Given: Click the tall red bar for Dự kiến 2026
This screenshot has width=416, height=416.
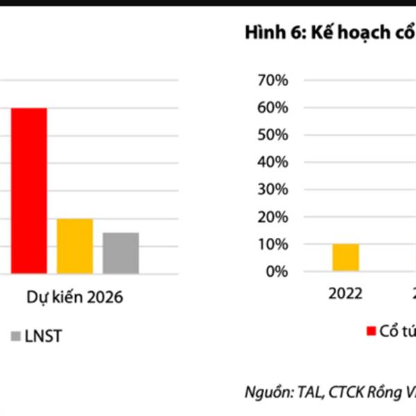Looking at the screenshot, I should [x=28, y=190].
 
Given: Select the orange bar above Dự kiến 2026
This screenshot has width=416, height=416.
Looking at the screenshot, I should [x=75, y=245].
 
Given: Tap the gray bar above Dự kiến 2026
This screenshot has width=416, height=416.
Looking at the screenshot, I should [x=121, y=252].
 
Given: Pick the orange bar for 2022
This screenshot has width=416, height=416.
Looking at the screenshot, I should [x=345, y=257].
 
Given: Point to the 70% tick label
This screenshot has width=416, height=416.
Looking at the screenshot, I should [x=272, y=80].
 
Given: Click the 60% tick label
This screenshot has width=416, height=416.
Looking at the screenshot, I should [x=272, y=108].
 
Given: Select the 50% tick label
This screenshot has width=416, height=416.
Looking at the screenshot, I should [x=272, y=135].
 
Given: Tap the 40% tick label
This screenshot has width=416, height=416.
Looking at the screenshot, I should [x=272, y=162].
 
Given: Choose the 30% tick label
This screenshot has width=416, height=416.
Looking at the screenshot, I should [x=272, y=190].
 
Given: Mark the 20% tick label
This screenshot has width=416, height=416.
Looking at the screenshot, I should [x=272, y=217].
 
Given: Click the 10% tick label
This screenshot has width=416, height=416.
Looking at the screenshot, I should [x=272, y=244].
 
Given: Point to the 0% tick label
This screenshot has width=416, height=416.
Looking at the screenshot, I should [x=276, y=271].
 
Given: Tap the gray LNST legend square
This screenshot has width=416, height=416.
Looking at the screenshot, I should [x=16, y=337].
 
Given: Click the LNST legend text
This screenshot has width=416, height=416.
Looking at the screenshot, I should [x=44, y=337].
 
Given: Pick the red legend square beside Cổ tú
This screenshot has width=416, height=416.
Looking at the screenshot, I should [x=371, y=329].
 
